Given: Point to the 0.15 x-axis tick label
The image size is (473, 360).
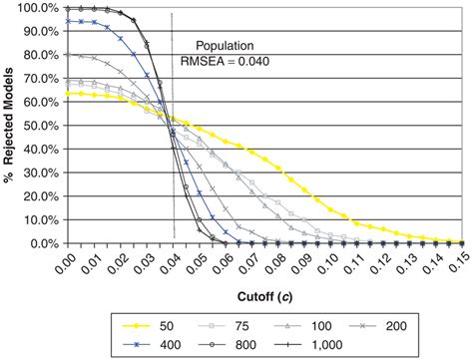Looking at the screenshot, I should pyautogui.click(x=462, y=263).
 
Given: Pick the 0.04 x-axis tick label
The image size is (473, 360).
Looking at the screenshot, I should pyautogui.click(x=173, y=263).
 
